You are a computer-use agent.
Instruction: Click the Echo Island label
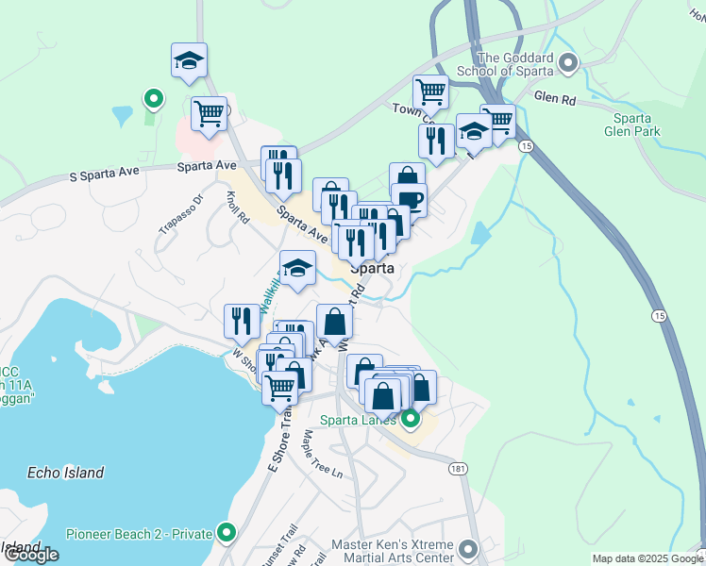click(65, 473)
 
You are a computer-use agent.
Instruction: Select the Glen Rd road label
click(554, 96)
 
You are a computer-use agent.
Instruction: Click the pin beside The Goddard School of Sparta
click(567, 64)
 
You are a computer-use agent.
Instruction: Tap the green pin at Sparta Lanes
click(410, 418)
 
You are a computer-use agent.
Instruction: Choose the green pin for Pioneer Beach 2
click(226, 533)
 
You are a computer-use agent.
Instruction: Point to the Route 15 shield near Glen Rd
click(526, 146)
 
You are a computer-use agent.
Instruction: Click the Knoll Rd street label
click(237, 204)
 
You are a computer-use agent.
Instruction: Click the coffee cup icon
click(411, 199)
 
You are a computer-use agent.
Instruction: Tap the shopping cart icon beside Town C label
click(430, 92)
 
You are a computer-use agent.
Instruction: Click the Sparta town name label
click(371, 268)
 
